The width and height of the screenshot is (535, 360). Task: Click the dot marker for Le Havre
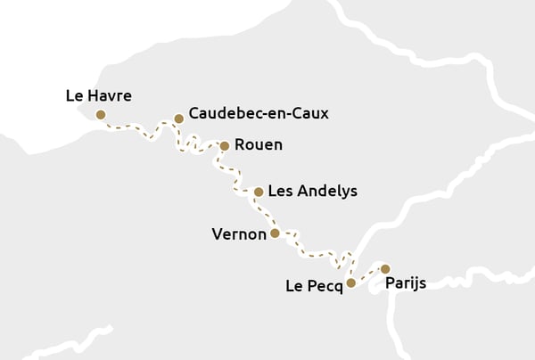(x=101, y=114)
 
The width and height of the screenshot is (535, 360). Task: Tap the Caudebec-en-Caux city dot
(x=178, y=118)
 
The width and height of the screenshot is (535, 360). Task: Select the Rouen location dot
(x=225, y=145)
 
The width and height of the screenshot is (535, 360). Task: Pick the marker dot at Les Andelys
(x=259, y=192)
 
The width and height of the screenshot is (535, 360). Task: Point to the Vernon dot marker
(x=275, y=233)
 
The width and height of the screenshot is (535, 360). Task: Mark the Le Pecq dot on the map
(x=351, y=282)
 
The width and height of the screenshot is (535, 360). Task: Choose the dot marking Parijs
(x=385, y=268)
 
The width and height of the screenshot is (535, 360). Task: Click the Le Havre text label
(x=98, y=95)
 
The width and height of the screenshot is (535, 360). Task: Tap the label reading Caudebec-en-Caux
(x=259, y=114)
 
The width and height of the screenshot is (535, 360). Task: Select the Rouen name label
(x=258, y=145)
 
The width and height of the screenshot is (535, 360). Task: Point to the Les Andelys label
(x=312, y=191)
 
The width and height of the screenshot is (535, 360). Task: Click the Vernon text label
(x=239, y=234)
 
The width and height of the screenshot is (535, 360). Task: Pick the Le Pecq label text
(x=314, y=286)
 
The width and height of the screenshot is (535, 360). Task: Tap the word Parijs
(x=406, y=283)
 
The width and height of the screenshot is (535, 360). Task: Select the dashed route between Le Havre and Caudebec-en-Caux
(x=138, y=127)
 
